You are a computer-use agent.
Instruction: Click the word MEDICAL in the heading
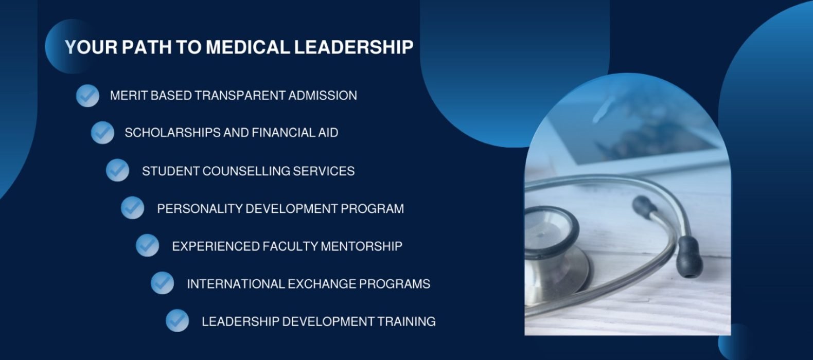coord(248,47)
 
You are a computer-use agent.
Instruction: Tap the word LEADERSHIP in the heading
coord(354,47)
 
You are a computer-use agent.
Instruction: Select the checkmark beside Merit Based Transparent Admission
coord(87,96)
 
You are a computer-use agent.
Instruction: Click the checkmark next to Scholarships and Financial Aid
coord(102,133)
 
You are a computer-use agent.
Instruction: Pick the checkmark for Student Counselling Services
coord(118,170)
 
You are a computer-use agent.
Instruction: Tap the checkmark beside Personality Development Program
coord(132,208)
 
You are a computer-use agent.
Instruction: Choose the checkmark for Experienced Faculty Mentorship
coord(147,245)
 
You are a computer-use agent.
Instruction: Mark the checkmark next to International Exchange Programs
coord(162,283)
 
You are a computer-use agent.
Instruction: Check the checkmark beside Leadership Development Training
coord(178,320)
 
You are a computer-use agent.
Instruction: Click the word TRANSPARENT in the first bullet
coord(240,96)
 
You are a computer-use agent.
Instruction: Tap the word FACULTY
coord(290,246)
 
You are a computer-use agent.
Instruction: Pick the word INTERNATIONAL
coord(236,284)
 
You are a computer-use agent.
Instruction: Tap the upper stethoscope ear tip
coord(644,207)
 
